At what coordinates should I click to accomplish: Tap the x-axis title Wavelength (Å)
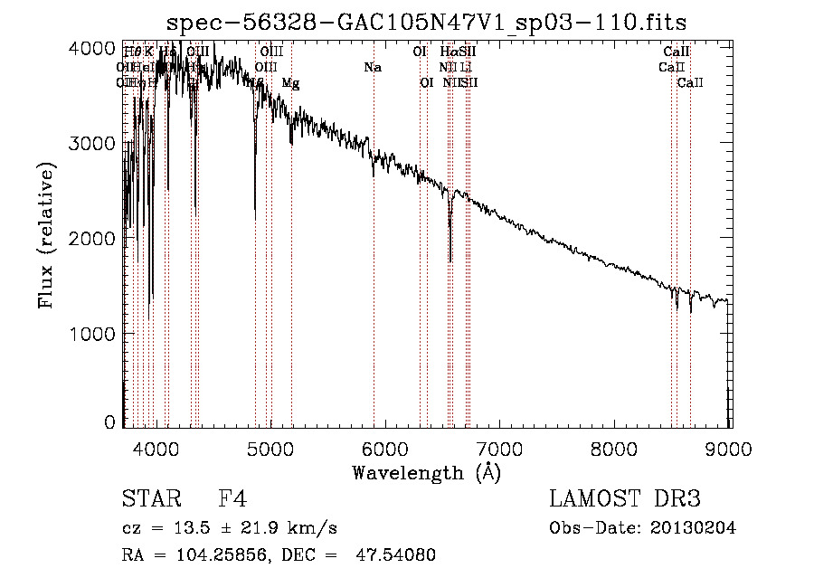coord(426,472)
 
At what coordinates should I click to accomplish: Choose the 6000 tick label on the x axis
coord(385,448)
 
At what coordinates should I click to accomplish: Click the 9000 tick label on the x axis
coord(730,448)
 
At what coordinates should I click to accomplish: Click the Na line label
coord(373,67)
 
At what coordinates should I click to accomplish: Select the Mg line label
coord(291,83)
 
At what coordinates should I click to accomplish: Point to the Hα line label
coord(450,52)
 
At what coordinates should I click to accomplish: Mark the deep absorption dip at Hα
coord(450,258)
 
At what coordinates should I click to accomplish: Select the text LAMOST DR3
coord(625,499)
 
